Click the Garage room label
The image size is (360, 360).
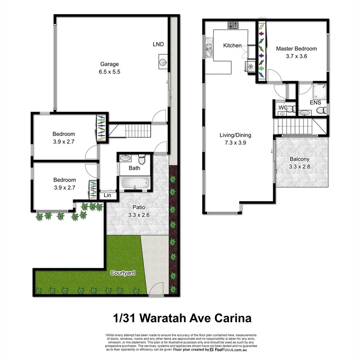(110, 64)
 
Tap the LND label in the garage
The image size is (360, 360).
(158, 44)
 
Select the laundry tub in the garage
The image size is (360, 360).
(163, 62)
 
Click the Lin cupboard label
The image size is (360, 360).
(107, 195)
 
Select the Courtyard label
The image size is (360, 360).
(123, 273)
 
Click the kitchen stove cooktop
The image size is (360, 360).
(233, 25)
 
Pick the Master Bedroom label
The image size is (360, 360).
(296, 49)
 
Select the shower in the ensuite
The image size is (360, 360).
(320, 91)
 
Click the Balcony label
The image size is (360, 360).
(299, 159)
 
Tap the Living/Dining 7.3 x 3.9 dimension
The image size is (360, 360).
(235, 142)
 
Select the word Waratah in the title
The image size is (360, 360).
(168, 318)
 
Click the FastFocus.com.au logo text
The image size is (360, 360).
(232, 349)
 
